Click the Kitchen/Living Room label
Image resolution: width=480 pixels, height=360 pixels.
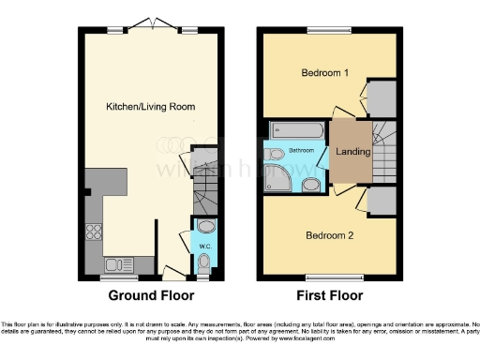tap(150, 107)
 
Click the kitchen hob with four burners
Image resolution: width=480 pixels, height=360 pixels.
tap(95, 232)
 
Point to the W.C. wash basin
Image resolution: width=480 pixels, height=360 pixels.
tap(206, 226)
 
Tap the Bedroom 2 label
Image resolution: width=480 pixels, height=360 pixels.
tap(329, 235)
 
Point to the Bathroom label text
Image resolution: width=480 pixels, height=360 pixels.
tap(301, 150)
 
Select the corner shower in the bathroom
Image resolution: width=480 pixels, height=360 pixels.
tap(279, 173)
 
